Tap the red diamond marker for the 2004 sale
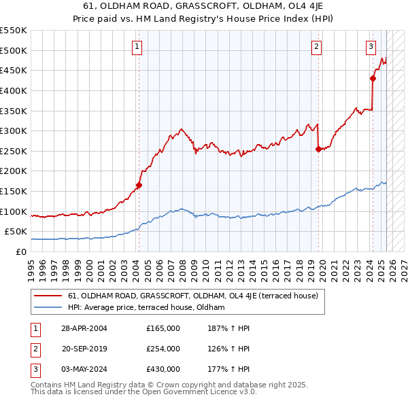tap(139, 185)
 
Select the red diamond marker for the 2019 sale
tap(318, 150)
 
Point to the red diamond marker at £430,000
tap(373, 78)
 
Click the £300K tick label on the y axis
tap(14, 130)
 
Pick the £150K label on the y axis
tap(14, 191)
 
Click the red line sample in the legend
tap(48, 296)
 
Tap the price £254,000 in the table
tap(163, 349)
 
